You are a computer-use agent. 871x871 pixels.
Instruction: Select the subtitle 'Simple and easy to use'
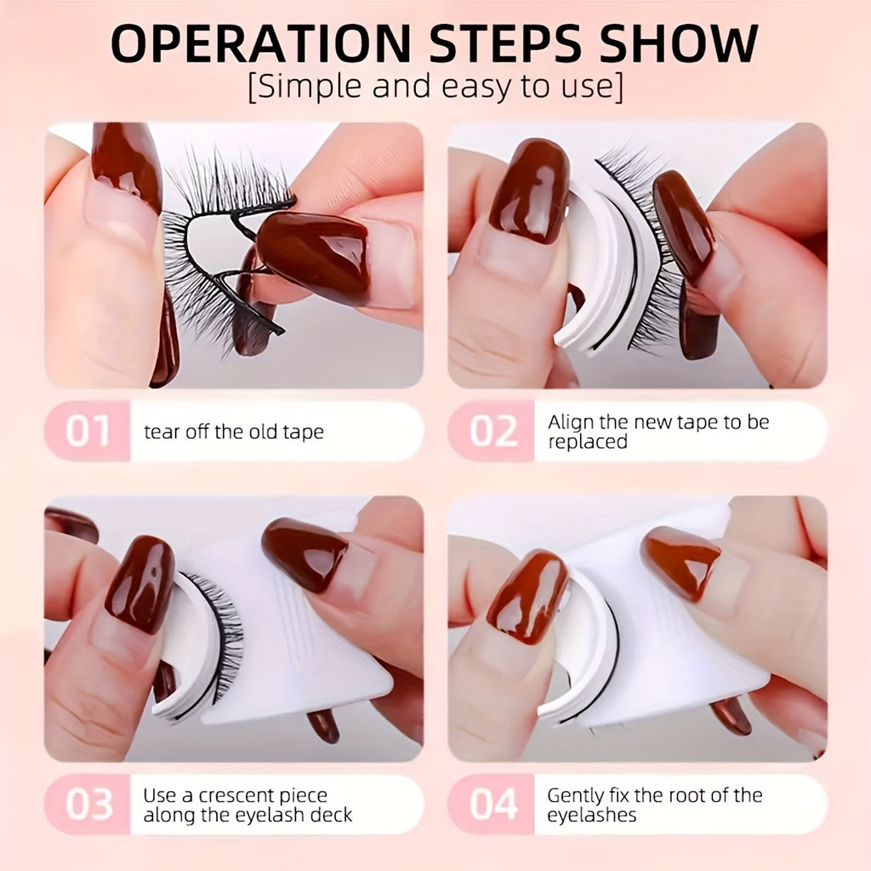435,87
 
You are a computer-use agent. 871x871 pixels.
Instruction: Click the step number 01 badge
88,431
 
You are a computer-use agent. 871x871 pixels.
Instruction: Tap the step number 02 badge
492,431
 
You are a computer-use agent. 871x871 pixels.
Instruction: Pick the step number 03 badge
88,804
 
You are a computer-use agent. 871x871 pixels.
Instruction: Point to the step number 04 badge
492,804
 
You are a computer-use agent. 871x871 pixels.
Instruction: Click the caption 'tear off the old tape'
234,432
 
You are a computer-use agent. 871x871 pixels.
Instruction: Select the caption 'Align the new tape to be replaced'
658,432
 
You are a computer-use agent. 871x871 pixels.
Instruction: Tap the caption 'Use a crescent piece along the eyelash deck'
247,805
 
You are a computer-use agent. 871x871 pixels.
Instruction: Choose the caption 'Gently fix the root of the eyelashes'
654,805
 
